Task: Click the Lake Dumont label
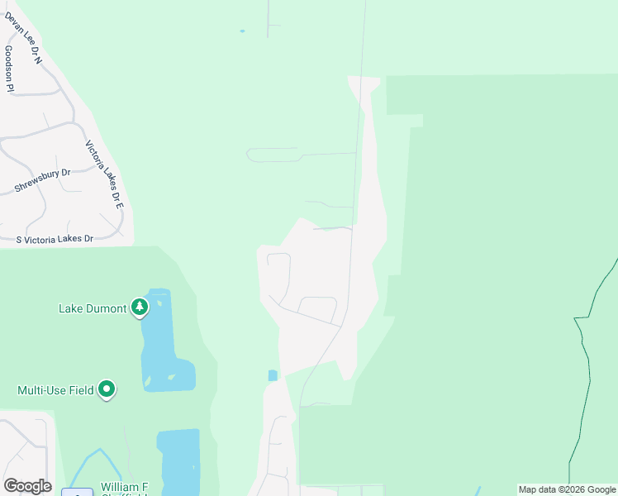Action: tap(93, 309)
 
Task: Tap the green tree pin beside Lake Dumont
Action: tap(140, 308)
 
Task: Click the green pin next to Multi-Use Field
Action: tap(107, 389)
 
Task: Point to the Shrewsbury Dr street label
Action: tap(43, 181)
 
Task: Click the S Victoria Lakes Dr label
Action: tap(55, 239)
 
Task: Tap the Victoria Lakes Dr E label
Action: tap(104, 174)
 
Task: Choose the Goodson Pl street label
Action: tap(9, 68)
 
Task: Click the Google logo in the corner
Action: tap(27, 486)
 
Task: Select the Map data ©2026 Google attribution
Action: tap(568, 490)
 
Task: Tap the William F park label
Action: tap(123, 487)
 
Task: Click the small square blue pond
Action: tap(273, 375)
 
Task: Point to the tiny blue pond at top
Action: tap(242, 31)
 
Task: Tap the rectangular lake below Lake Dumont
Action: tap(178, 459)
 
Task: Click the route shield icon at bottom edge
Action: tap(77, 493)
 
